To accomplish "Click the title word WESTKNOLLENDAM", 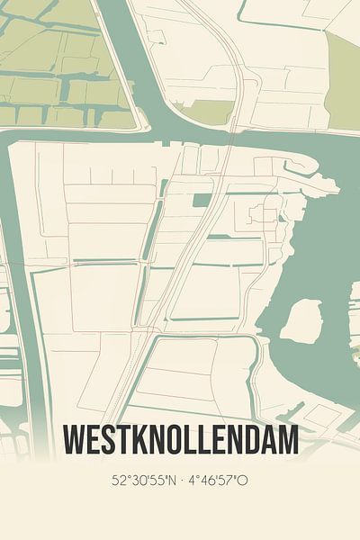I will coord(180,442).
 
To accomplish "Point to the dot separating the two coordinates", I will coord(181,481).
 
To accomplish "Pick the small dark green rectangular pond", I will coord(202,200).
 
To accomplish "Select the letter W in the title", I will coord(75,442).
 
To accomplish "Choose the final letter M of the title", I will coord(287,442).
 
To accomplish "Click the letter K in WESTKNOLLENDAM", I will coord(137,442).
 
